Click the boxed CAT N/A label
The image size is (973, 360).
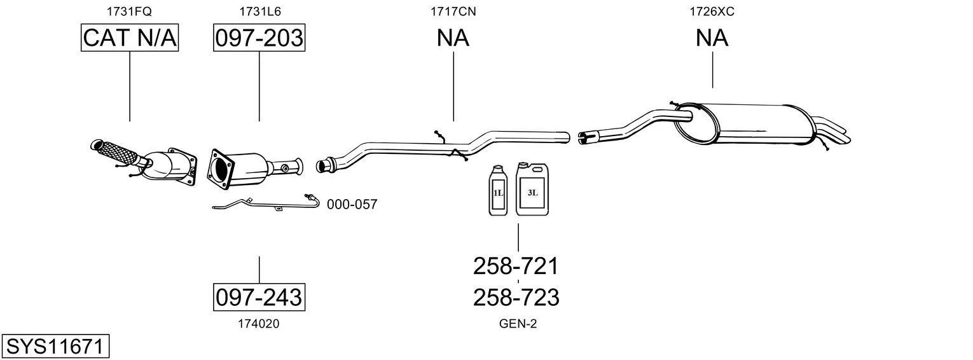coord(130,38)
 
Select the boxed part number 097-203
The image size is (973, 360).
coord(259,38)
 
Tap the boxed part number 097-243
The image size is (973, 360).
coord(259,296)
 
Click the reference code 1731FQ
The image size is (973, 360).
coord(130,11)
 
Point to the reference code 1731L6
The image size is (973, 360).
coord(259,11)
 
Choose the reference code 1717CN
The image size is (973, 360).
coord(453,11)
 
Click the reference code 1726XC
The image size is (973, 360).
coord(712,11)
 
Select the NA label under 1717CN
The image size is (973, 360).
coord(453,38)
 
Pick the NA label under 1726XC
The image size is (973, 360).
coord(712,38)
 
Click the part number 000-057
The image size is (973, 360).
coord(352,205)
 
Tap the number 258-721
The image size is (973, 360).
coord(516,266)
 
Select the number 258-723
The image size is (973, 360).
coord(516,297)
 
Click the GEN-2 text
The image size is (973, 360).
coord(518,324)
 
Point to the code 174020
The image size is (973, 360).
coord(258,324)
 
